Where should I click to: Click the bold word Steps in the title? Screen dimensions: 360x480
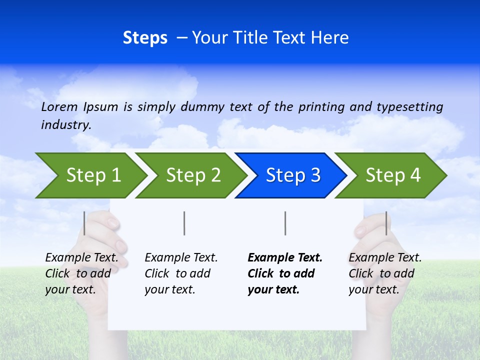pyautogui.click(x=145, y=38)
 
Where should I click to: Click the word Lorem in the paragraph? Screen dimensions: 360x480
pyautogui.click(x=59, y=107)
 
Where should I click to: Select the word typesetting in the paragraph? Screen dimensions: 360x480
pyautogui.click(x=409, y=107)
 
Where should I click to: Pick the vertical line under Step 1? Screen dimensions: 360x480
pyautogui.click(x=84, y=223)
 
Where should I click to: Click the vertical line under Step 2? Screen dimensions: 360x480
pyautogui.click(x=184, y=223)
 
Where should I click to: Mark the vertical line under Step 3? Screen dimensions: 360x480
pyautogui.click(x=285, y=223)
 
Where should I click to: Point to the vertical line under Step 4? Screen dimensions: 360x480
pyautogui.click(x=386, y=223)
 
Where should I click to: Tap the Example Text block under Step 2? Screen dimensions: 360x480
pyautogui.click(x=181, y=273)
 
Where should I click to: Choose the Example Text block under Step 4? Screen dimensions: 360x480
pyautogui.click(x=385, y=273)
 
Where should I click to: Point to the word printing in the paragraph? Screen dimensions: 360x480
pyautogui.click(x=321, y=107)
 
